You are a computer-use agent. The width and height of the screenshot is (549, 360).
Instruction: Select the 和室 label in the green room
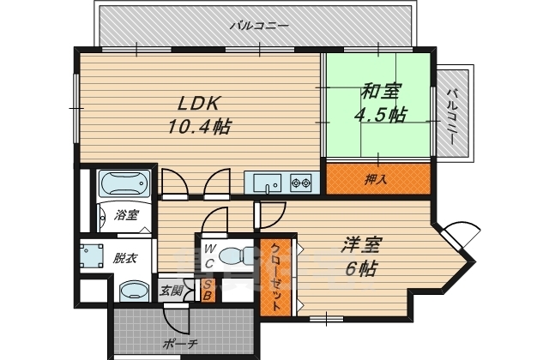379,89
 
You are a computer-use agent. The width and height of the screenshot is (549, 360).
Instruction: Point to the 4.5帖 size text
380,114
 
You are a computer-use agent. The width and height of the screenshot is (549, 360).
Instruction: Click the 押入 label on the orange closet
376,179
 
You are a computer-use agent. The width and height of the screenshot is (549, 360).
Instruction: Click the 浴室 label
125,215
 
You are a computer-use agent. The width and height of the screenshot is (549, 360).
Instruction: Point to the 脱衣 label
125,257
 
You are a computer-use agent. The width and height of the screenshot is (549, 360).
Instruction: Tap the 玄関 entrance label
172,291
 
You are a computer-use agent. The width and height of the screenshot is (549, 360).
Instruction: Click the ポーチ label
180,344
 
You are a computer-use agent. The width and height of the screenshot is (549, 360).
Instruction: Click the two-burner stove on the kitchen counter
301,183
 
